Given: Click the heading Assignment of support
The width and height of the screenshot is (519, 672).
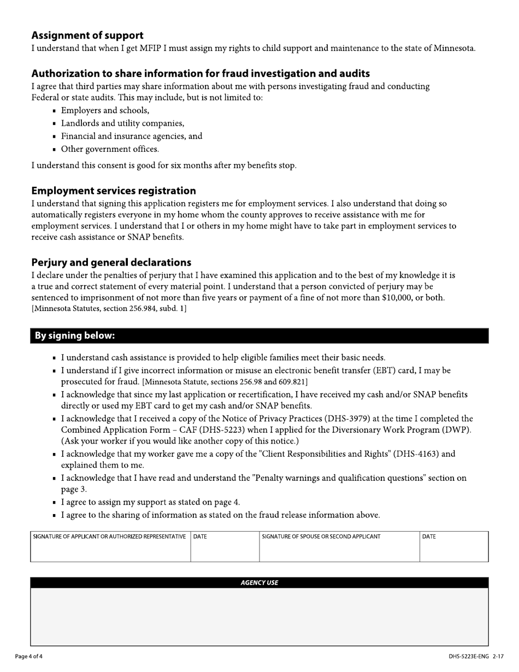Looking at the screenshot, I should [x=87, y=36].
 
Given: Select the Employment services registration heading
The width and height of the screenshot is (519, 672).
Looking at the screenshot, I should [x=114, y=191].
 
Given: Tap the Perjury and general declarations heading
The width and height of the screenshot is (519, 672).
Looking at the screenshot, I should [x=111, y=262].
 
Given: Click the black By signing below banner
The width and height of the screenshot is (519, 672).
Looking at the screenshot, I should [x=259, y=335].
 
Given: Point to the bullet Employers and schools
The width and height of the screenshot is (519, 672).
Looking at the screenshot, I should [x=105, y=110].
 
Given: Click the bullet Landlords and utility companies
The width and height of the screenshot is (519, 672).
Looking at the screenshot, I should [x=122, y=123].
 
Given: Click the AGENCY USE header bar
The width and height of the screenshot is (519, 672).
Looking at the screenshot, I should [x=259, y=583].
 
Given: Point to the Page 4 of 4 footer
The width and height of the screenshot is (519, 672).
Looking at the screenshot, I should [x=28, y=656].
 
